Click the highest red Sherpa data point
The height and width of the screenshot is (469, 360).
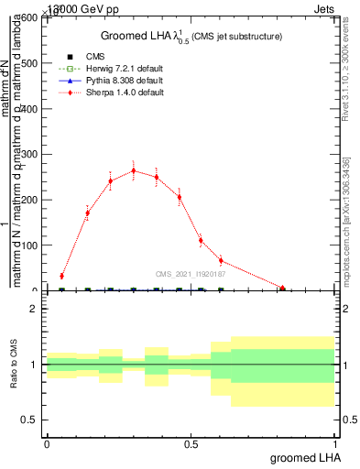[134, 170]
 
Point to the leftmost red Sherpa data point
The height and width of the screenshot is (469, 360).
[61, 276]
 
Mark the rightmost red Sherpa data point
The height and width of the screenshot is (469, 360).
[282, 289]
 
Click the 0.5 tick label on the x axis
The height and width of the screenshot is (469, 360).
[191, 444]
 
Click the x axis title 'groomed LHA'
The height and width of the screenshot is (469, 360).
[303, 457]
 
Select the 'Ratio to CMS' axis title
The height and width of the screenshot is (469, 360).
[14, 364]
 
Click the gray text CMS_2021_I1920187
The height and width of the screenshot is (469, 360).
[191, 273]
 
